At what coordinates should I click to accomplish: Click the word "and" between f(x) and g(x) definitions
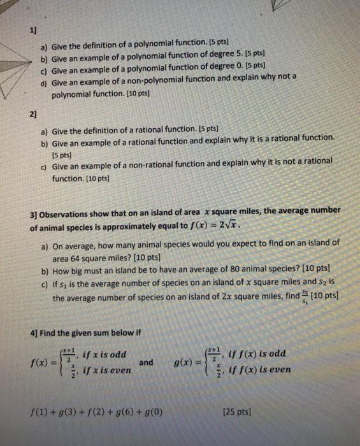point(147,362)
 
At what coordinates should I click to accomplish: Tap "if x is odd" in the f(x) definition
point(102,354)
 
